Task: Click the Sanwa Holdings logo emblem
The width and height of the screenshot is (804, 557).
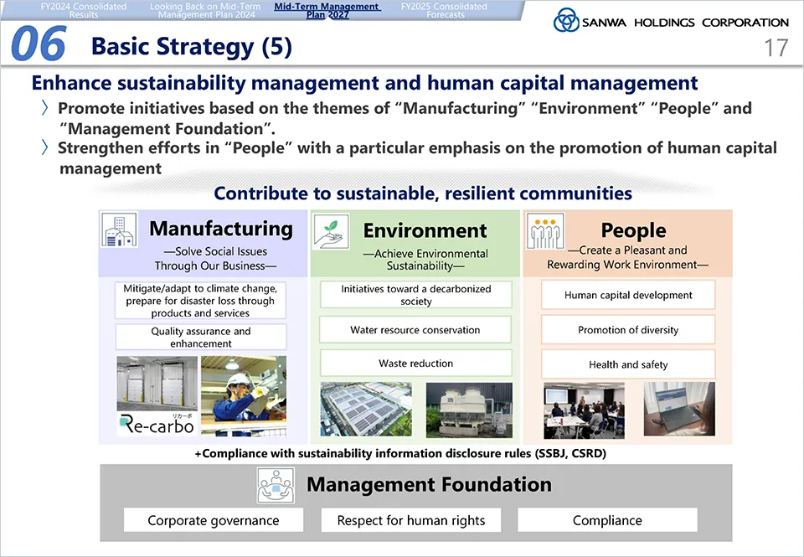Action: (566, 20)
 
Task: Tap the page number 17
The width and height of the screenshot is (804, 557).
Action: (776, 48)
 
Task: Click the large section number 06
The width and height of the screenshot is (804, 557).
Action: (39, 44)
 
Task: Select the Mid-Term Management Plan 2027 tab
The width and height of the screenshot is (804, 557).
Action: (327, 10)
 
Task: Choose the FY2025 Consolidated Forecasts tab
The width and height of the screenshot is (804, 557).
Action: (444, 10)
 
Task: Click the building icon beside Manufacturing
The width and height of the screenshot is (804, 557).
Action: (119, 230)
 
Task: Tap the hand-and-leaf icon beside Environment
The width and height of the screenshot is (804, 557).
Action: (331, 232)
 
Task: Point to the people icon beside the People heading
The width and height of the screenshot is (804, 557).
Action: (545, 231)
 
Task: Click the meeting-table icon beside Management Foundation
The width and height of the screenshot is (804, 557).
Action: (276, 485)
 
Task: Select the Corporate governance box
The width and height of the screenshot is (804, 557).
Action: (214, 520)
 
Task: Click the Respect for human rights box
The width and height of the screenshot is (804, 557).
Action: (410, 520)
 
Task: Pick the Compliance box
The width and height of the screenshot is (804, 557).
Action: (607, 520)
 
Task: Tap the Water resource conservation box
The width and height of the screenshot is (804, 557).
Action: (415, 329)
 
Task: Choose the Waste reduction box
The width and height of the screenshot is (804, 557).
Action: (416, 364)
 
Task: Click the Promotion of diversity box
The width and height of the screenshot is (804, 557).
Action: (628, 329)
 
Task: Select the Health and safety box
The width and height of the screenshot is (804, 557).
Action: (628, 364)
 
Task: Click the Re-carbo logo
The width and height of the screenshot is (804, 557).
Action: (157, 424)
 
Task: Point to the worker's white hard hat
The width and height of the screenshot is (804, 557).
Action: (237, 380)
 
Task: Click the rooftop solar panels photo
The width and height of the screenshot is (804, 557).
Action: (366, 409)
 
